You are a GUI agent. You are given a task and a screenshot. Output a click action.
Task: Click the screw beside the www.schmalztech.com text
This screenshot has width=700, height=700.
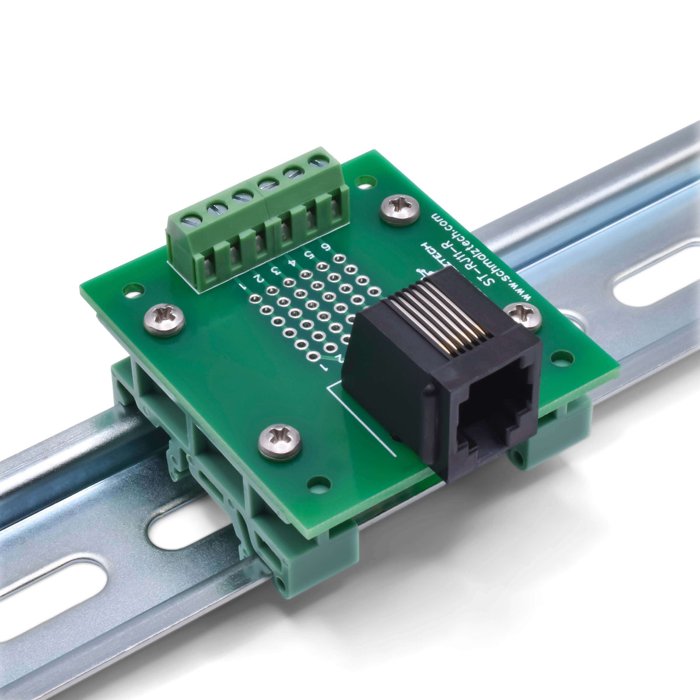coord(400,209)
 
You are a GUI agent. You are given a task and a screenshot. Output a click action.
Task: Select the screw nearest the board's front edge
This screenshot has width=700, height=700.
coord(279,441)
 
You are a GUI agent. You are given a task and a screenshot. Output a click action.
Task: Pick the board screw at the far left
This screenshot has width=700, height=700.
coord(164,319)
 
